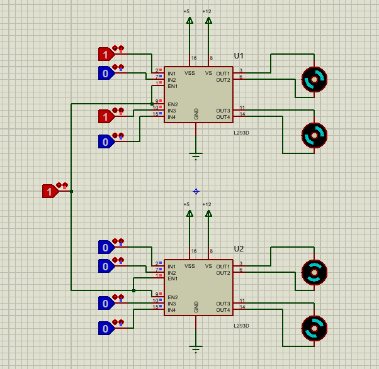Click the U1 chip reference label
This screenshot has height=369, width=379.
coord(239,55)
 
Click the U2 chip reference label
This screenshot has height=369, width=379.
coord(239,248)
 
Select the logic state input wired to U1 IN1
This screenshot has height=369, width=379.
coord(106,54)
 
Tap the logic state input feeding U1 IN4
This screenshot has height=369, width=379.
coord(106,141)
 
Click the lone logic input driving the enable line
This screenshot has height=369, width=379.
coord(50,191)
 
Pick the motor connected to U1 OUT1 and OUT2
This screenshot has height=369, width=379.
coord(314,80)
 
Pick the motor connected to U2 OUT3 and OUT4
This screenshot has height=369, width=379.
coord(314,328)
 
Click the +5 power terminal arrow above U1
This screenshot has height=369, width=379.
coord(189,21)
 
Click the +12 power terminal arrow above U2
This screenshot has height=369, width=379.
coord(208,214)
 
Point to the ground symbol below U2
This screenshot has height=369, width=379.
coord(196,348)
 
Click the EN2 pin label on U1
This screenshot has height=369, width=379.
coord(173,104)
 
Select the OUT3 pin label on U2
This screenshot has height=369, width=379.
coord(223,304)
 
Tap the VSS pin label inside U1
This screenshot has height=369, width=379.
coord(189,73)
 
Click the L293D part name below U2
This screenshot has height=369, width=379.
coord(241,326)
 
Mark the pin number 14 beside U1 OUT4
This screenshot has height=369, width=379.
coord(242,114)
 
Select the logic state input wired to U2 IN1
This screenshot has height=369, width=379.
coord(106,247)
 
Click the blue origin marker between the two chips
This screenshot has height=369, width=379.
coord(196,191)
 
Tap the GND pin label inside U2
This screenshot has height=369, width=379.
coord(196,307)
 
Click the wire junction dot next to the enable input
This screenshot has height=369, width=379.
coord(72,191)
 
